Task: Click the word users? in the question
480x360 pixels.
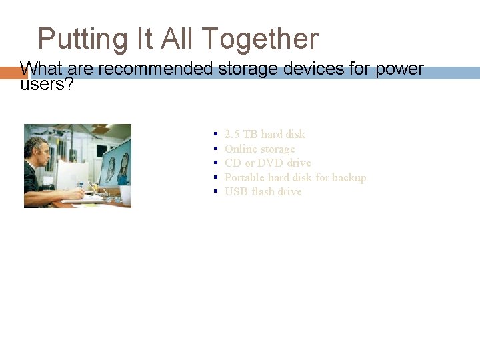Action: click(47, 84)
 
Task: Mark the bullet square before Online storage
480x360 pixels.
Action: click(216, 149)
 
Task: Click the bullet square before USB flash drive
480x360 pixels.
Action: click(216, 191)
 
